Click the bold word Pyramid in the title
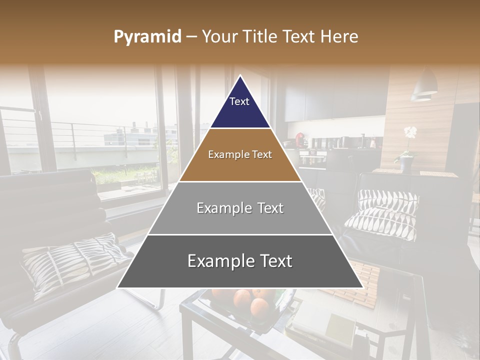point(147,37)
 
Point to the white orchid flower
point(410,133)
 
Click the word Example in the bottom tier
point(216,261)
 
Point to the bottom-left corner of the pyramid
point(118,287)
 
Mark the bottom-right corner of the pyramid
point(362,287)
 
